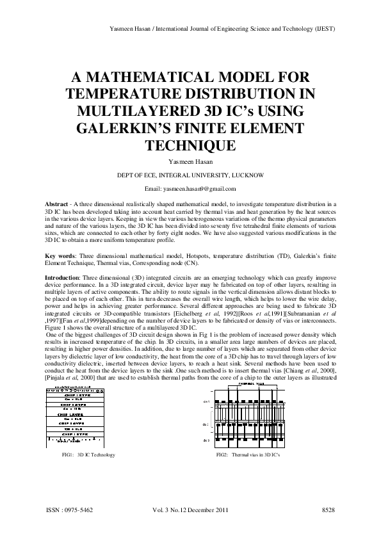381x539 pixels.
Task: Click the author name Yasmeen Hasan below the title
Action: [190, 163]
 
